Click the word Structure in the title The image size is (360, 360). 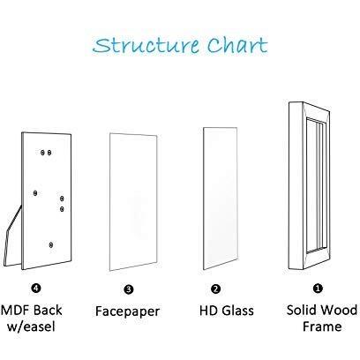[146, 46]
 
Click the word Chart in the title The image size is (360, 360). [237, 46]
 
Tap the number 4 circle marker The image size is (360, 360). [35, 288]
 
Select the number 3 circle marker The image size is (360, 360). [129, 289]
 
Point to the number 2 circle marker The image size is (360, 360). [215, 289]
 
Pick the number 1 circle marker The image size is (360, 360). [318, 289]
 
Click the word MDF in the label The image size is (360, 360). [15, 311]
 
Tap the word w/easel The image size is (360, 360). [31, 326]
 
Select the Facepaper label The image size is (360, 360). [127, 311]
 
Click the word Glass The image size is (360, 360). [237, 311]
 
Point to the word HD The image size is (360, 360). [208, 311]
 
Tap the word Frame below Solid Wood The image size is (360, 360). [322, 326]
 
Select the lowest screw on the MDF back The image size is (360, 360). [51, 244]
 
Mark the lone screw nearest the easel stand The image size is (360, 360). [35, 193]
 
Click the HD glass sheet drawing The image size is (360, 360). [221, 199]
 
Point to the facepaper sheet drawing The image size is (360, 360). [133, 202]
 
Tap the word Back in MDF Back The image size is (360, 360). [47, 311]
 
